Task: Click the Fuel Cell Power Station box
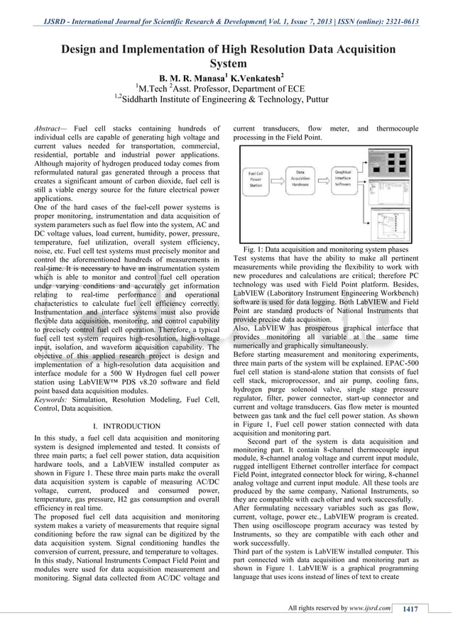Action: click(256, 181)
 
